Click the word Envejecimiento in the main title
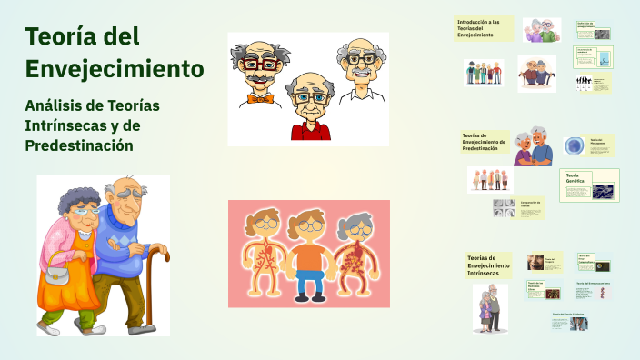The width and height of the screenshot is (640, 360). pos(115,68)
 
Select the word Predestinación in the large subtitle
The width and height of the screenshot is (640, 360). pos(79,145)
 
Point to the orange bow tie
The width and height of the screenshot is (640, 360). pos(260,97)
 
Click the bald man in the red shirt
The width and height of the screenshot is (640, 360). pos(308,109)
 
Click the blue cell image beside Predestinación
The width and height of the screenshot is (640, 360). pos(574,146)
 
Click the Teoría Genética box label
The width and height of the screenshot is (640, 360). pos(575,178)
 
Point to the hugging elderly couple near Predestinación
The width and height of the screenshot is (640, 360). pos(532,146)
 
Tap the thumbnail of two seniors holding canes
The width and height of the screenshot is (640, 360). pos(536,74)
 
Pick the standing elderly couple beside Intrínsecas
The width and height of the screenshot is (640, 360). pos(489,306)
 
